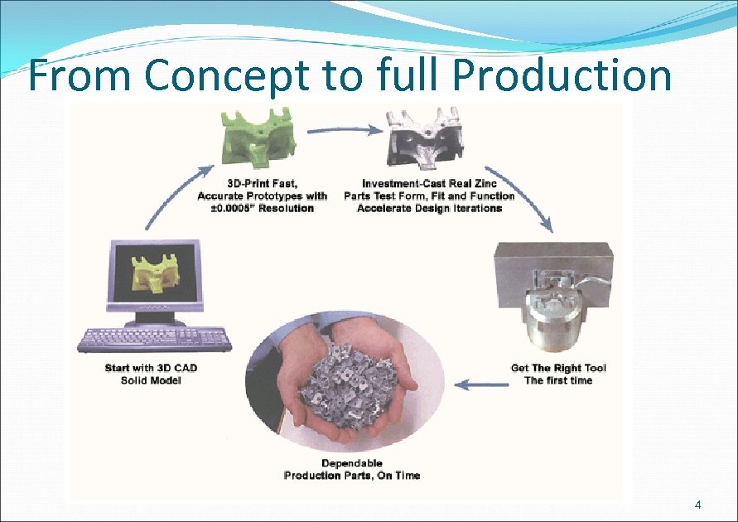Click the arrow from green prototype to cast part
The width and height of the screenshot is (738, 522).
pyautogui.click(x=344, y=130)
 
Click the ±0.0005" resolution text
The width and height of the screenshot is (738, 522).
pyautogui.click(x=263, y=209)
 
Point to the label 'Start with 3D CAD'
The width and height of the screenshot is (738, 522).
pyautogui.click(x=151, y=368)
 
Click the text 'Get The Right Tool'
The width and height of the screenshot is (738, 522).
pyautogui.click(x=558, y=368)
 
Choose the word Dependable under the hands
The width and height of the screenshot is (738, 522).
pyautogui.click(x=352, y=463)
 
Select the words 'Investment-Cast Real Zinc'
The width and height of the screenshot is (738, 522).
pyautogui.click(x=429, y=184)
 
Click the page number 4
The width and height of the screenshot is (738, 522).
pyautogui.click(x=697, y=505)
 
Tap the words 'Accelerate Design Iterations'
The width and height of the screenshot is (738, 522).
pyautogui.click(x=429, y=209)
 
